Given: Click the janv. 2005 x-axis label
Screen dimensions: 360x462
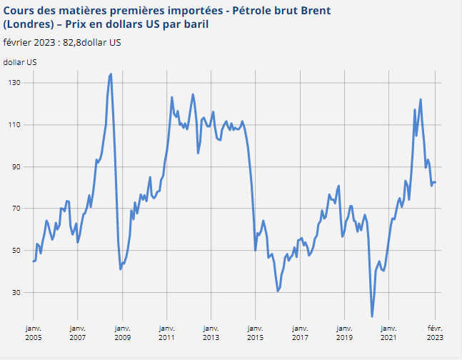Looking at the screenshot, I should click(x=33, y=331).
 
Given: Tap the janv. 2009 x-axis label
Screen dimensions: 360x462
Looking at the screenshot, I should click(x=121, y=331).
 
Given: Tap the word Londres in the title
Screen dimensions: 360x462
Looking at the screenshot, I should click(x=31, y=25).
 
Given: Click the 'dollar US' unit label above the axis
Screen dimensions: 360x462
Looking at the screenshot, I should click(x=20, y=62).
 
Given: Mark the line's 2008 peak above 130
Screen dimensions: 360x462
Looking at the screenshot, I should click(x=111, y=74).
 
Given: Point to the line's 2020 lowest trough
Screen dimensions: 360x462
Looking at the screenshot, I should click(x=372, y=316).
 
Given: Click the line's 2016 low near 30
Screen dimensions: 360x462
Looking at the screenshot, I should click(x=278, y=291).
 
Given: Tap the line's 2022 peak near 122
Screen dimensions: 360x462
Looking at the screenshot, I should click(x=421, y=99).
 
